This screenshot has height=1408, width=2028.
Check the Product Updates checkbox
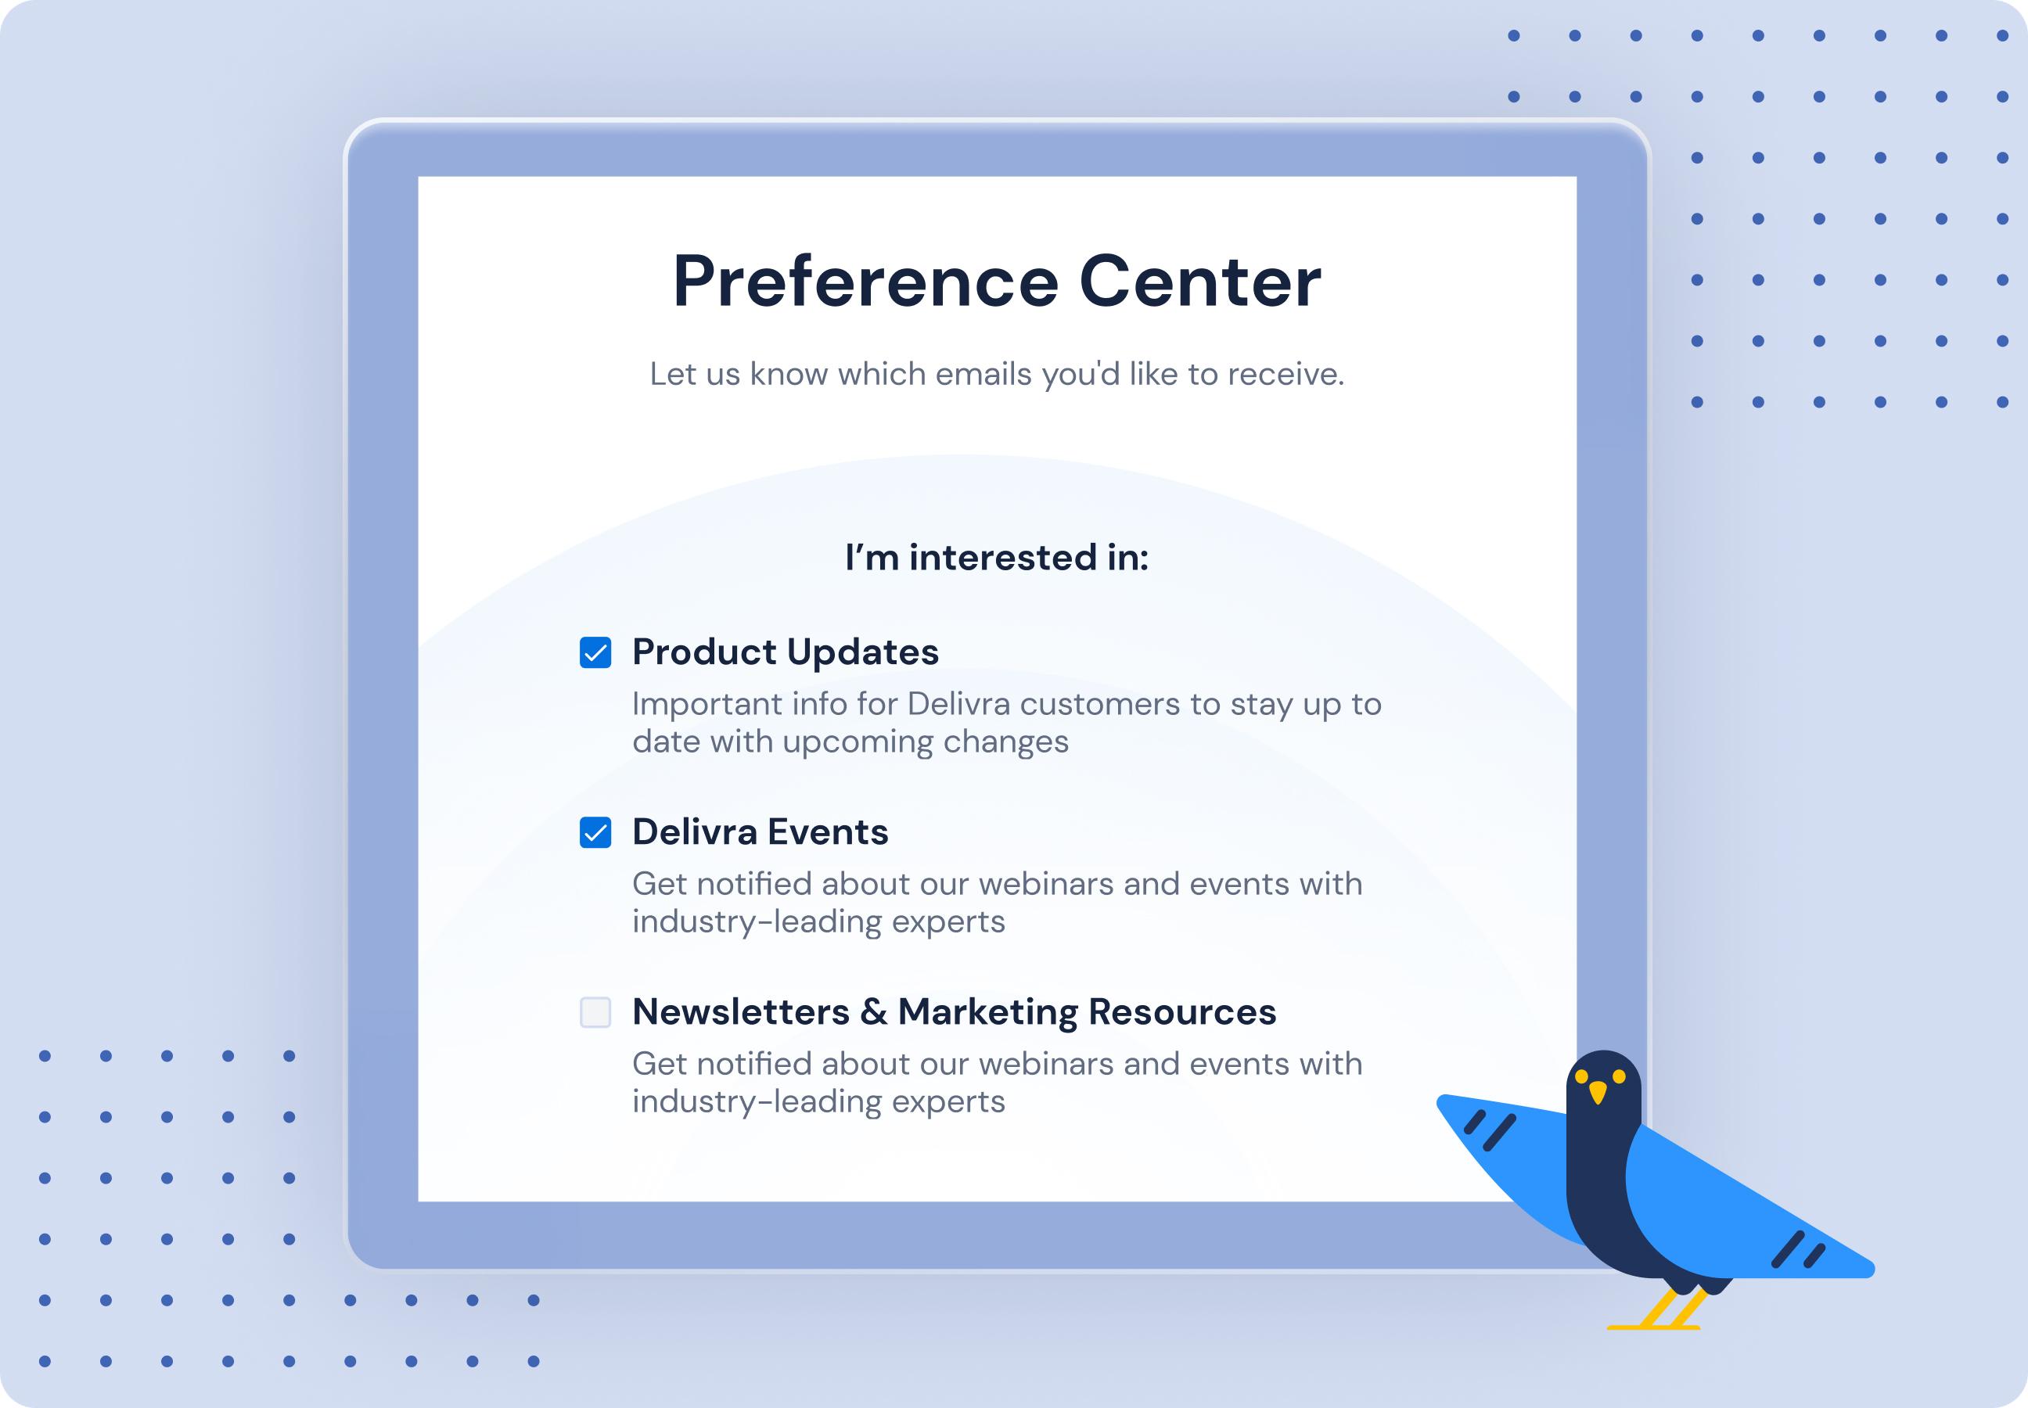(595, 653)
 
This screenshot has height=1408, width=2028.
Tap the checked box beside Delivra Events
(595, 833)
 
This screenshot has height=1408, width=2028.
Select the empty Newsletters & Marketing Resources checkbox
(595, 1012)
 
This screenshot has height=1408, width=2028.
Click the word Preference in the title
(865, 282)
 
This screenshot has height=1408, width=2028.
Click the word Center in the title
(1200, 282)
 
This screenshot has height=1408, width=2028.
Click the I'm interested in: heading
(996, 558)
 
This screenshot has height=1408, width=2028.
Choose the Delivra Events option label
(760, 833)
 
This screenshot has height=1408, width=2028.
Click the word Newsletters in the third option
(740, 1012)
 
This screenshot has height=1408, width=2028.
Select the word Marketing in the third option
(987, 1012)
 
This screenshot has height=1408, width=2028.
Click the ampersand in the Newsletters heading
(874, 1012)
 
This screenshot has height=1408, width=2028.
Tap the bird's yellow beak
(1598, 1092)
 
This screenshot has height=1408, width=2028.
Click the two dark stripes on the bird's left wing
(1490, 1130)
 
